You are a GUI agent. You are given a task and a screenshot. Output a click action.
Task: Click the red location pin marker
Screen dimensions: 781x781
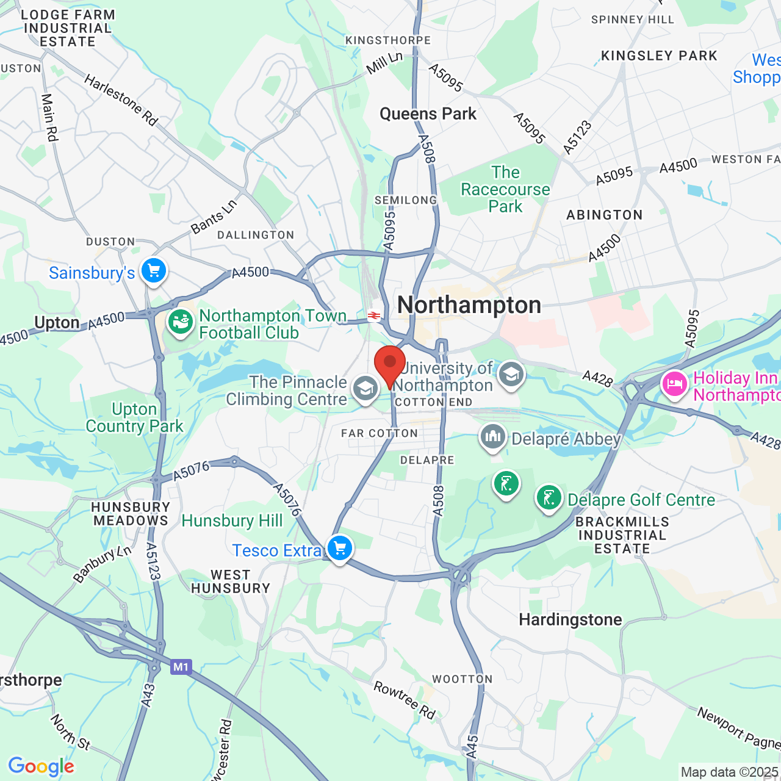390,364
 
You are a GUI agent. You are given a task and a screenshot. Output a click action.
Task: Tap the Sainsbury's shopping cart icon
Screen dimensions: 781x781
154,270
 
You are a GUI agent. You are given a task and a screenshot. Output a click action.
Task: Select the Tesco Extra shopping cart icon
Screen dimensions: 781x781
340,548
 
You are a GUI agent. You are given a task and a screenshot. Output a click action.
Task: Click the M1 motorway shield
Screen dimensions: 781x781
181,667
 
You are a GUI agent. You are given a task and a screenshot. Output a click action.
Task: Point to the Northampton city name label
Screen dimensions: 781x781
469,305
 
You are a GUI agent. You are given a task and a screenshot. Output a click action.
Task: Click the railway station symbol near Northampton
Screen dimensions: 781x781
374,315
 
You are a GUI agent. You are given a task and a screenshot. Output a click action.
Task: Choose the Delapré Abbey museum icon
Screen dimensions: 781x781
493,437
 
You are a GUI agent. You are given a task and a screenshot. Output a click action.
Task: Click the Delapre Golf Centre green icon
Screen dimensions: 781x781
549,498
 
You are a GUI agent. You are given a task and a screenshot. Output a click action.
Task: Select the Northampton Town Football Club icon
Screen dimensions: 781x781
181,322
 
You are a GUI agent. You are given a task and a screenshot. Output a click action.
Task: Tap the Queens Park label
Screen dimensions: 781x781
428,114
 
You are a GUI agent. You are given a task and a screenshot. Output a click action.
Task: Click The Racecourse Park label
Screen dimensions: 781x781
505,189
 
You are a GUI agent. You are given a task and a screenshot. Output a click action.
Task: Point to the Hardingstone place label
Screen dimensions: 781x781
570,620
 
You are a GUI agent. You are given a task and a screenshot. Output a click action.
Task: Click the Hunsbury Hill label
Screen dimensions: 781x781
232,520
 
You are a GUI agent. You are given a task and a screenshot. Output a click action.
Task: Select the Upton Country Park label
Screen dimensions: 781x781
134,417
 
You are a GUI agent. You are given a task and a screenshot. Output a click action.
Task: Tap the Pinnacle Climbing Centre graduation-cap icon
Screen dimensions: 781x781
365,388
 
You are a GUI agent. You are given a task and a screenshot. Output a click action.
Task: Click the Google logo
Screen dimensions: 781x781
41,766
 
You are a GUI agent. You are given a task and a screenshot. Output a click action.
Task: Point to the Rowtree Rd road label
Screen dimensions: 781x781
405,700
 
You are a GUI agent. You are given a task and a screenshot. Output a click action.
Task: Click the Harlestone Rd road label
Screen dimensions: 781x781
121,100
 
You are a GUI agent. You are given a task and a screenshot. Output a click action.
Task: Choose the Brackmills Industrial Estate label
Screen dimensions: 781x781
622,535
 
